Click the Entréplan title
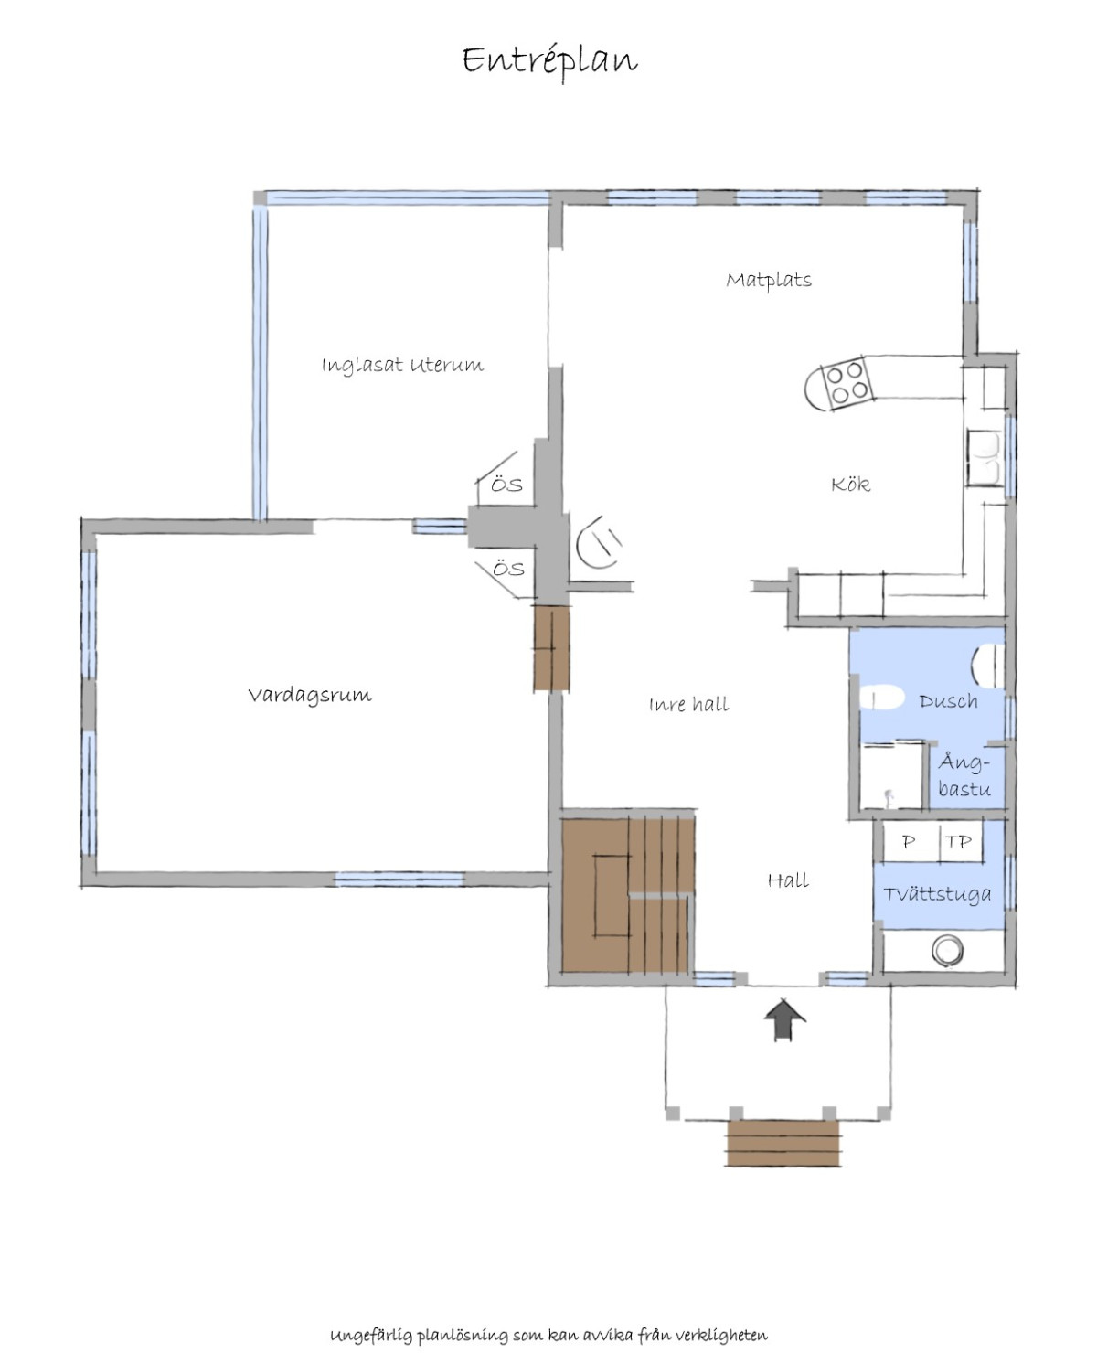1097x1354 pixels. click(x=549, y=62)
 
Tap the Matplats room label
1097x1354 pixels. click(x=769, y=281)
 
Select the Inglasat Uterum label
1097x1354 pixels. click(x=402, y=366)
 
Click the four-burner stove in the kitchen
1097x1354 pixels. click(x=847, y=383)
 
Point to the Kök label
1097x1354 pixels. click(x=850, y=485)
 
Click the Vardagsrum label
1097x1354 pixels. click(x=310, y=696)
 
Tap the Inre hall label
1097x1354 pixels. click(x=689, y=704)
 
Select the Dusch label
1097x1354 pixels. click(x=948, y=702)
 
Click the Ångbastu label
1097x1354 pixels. click(x=964, y=775)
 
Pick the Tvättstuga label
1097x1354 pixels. click(x=937, y=895)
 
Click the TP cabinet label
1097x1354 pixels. click(x=958, y=842)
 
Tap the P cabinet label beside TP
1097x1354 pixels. click(x=909, y=842)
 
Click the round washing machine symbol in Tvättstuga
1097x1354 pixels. click(x=947, y=951)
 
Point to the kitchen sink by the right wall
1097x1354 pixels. click(x=984, y=458)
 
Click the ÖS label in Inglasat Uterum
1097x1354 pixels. click(x=506, y=486)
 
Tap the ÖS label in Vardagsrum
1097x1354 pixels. click(x=508, y=569)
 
